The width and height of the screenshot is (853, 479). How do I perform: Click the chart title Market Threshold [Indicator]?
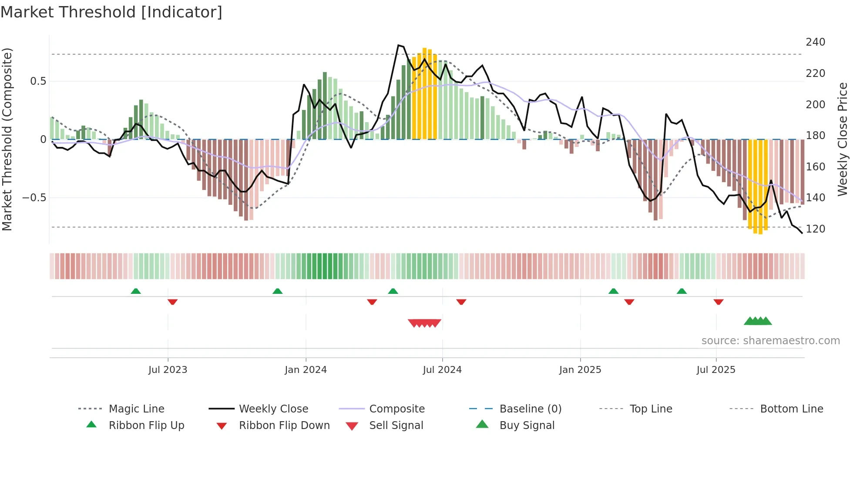[111, 12]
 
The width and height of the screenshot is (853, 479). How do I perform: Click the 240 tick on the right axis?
[815, 42]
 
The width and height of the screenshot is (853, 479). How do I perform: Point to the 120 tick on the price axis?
[815, 229]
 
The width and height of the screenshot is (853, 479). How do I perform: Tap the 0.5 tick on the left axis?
[38, 81]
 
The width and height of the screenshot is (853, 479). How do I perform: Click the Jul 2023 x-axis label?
[168, 370]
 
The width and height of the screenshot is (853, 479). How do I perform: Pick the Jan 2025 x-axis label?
[580, 370]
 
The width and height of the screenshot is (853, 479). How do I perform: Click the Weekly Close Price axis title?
[843, 139]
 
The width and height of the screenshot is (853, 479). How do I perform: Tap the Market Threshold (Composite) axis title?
[7, 139]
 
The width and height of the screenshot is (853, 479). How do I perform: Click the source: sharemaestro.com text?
[770, 341]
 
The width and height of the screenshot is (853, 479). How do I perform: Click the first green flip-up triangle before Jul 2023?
[136, 291]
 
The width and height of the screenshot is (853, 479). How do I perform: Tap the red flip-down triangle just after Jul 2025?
[719, 302]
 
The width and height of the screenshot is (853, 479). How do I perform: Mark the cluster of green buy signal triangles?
[758, 321]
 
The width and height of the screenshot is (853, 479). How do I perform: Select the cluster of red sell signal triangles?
[424, 323]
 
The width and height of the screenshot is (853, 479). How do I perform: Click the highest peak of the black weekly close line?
[398, 45]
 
